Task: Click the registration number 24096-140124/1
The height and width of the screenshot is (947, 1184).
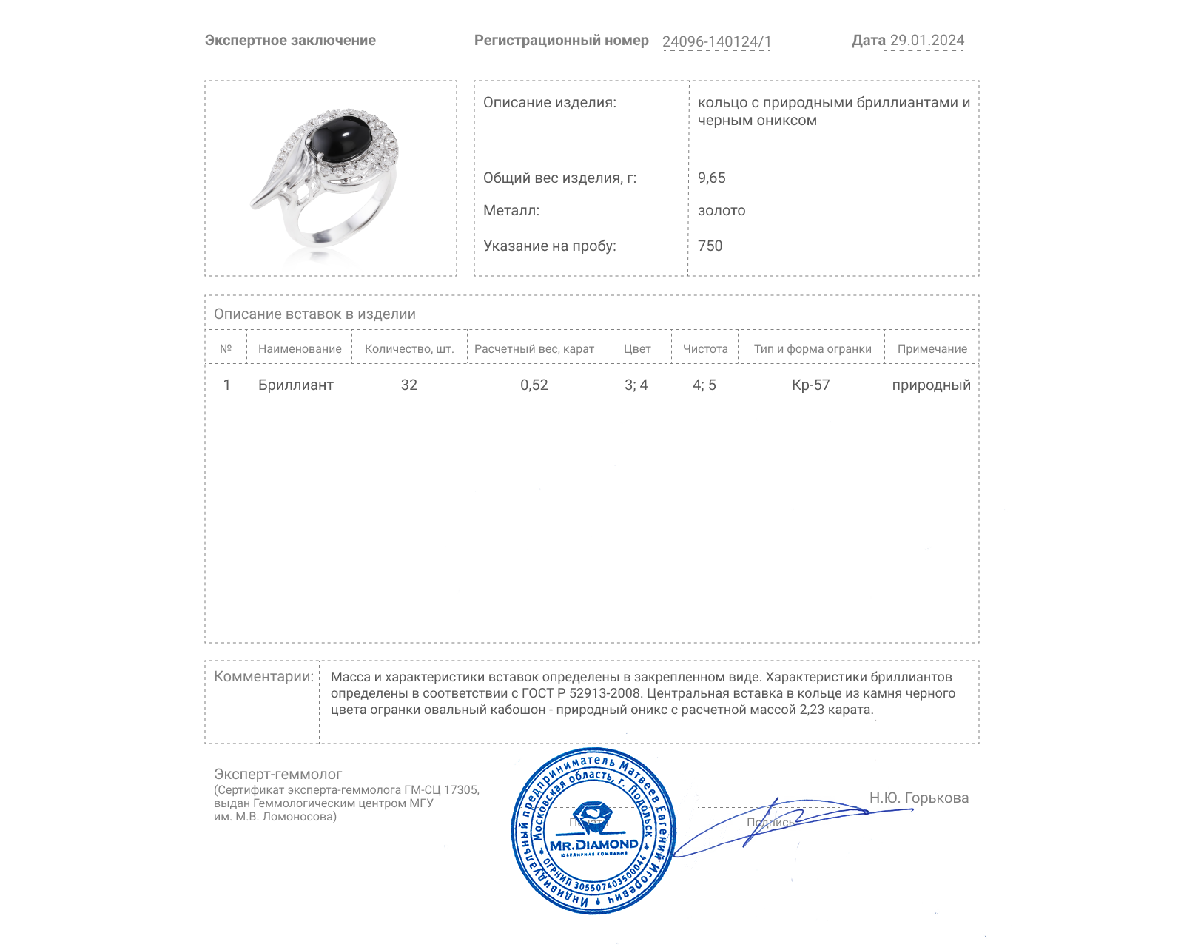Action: click(716, 41)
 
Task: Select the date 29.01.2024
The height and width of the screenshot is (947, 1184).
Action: click(926, 41)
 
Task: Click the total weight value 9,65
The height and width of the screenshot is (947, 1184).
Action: click(711, 178)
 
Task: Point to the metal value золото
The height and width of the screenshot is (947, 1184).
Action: click(721, 210)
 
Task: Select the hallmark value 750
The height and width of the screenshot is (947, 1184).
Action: click(710, 246)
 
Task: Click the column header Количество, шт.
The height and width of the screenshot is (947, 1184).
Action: click(409, 348)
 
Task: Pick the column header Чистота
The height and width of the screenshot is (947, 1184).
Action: click(705, 348)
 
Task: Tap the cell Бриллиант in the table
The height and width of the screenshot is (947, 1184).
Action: click(295, 385)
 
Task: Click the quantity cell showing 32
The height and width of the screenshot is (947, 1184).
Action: click(409, 385)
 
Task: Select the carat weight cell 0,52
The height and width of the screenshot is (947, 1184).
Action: click(534, 385)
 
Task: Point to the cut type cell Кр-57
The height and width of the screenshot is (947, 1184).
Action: click(810, 385)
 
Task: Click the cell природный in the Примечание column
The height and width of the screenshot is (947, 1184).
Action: click(931, 385)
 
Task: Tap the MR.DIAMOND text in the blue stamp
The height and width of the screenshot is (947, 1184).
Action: click(593, 844)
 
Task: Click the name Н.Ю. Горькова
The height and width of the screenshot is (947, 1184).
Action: click(918, 798)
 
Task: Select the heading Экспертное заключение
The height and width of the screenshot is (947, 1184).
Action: click(290, 41)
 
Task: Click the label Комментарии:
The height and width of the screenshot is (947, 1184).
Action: click(263, 676)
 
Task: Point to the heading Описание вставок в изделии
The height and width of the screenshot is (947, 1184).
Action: click(314, 314)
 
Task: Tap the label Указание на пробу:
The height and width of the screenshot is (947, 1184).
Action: click(549, 246)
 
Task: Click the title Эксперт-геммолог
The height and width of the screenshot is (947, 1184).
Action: click(277, 774)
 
